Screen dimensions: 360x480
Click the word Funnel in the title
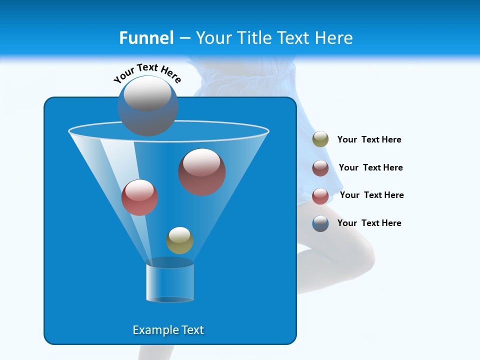click(x=146, y=38)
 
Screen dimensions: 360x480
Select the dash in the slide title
click(x=184, y=38)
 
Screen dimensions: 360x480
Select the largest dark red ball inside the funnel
click(x=202, y=172)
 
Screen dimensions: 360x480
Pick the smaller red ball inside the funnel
click(x=139, y=197)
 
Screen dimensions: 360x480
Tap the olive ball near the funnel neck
click(x=179, y=240)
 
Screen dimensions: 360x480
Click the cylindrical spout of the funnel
click(x=170, y=283)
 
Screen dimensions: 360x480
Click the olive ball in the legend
click(x=320, y=139)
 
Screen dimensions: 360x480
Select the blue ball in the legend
click(x=320, y=223)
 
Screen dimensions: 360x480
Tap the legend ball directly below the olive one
click(x=320, y=168)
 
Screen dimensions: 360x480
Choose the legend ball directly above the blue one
click(x=320, y=196)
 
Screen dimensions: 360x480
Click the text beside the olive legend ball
click(x=369, y=140)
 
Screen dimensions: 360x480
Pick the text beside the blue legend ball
click(x=369, y=223)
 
